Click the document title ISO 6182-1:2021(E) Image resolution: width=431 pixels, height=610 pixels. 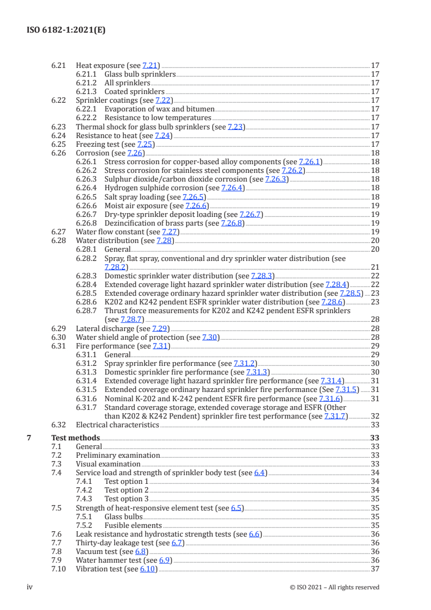[x=66, y=30]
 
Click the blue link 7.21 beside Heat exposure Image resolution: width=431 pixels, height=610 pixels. [x=149, y=65]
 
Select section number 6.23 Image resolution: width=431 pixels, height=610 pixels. [x=59, y=127]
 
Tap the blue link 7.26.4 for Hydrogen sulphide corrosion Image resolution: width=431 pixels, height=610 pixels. [x=233, y=188]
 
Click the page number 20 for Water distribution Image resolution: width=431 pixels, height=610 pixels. [x=374, y=240]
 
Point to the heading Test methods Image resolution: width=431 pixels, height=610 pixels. [x=76, y=438]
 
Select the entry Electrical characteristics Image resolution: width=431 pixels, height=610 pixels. [x=117, y=425]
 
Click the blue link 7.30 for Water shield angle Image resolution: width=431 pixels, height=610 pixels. [x=210, y=337]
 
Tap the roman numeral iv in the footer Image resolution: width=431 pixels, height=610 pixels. [x=30, y=587]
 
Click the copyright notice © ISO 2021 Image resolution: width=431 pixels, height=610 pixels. [x=334, y=587]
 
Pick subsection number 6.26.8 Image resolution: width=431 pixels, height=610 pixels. [x=86, y=223]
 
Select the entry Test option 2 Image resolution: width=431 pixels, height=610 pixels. [x=126, y=490]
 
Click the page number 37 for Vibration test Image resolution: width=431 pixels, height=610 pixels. [x=374, y=569]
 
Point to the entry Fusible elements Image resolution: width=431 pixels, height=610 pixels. [x=133, y=525]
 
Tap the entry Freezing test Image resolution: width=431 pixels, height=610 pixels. [x=97, y=144]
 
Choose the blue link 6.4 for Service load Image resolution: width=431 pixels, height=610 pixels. [x=260, y=472]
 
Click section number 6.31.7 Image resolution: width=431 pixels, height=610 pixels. [x=86, y=407]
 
